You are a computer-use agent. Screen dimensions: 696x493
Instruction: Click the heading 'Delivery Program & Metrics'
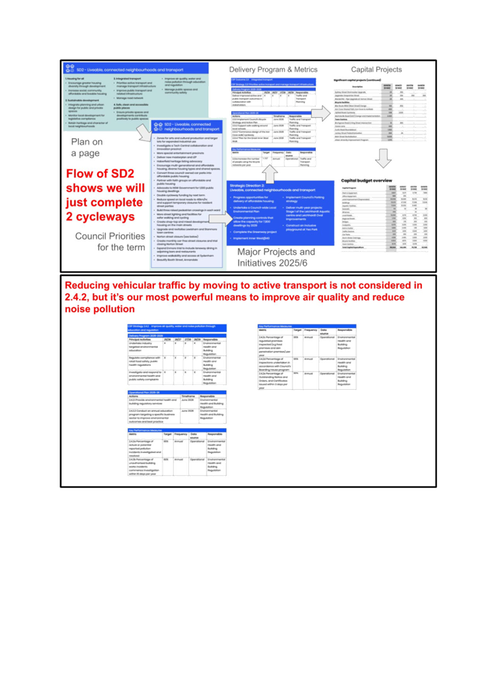coord(273,70)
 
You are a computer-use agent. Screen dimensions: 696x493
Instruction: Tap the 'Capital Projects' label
coord(376,70)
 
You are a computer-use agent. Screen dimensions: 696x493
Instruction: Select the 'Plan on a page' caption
coord(86,147)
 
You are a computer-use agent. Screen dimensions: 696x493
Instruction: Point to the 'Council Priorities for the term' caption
coord(112,241)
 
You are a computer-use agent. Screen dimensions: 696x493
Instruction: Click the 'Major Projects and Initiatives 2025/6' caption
coord(276,257)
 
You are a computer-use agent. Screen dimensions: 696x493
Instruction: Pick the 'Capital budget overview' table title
coord(366,180)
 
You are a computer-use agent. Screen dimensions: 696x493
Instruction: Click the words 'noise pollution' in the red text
coord(99,309)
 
